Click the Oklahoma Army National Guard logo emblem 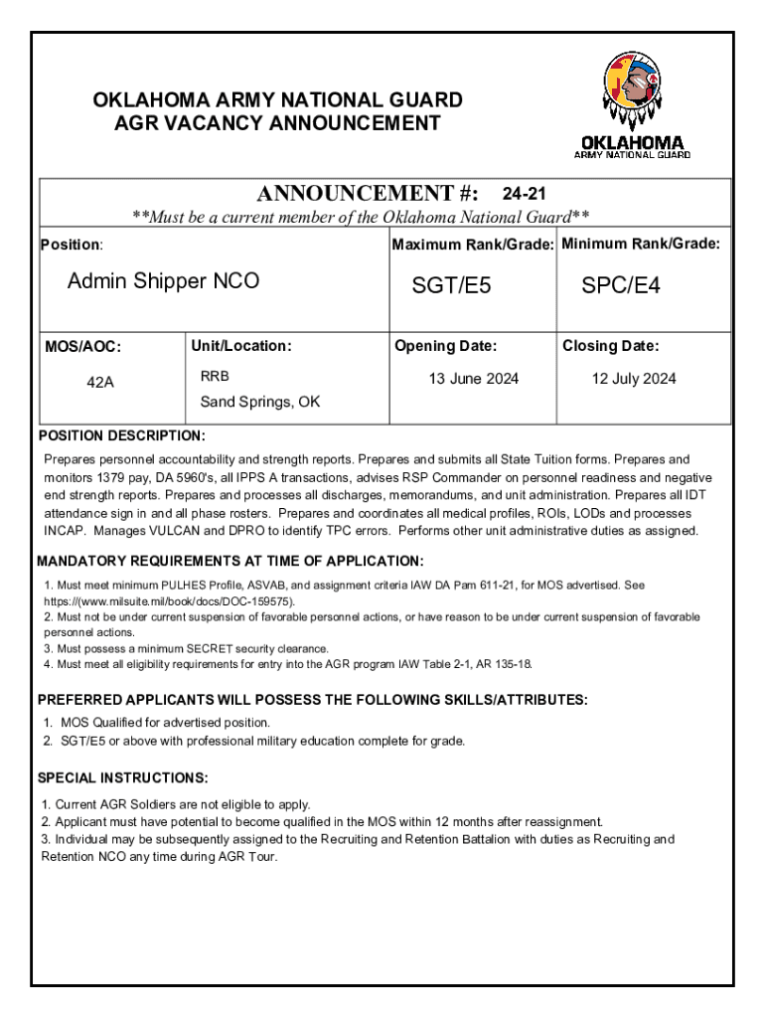point(633,91)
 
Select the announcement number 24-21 point(524,193)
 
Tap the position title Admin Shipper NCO point(163,281)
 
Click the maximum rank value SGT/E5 point(452,286)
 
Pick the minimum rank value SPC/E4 point(621,286)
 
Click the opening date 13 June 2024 point(473,379)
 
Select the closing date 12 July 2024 point(633,379)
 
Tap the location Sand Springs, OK point(260,402)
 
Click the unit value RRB point(215,378)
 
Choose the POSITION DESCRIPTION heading point(121,436)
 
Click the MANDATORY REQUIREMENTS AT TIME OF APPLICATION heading point(230,561)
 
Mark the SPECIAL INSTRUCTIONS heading point(122,776)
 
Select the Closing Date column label point(610,346)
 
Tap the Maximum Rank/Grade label point(473,245)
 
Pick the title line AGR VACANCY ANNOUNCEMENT point(277,123)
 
